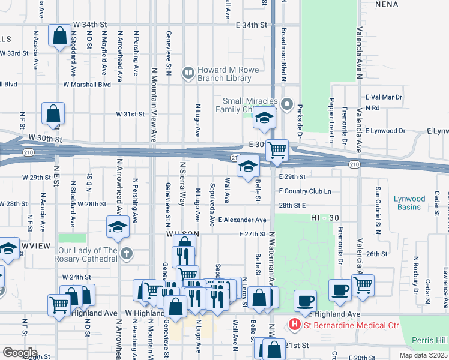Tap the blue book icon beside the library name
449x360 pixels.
tap(189, 73)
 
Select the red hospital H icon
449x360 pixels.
tap(295, 325)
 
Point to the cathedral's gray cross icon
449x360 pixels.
tap(125, 253)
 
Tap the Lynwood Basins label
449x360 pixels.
tap(410, 203)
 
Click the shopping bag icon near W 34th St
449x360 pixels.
tap(60, 35)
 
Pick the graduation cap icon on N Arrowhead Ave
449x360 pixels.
tap(118, 226)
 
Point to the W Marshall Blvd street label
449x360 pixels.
tap(87, 85)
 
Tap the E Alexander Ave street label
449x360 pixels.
tap(242, 220)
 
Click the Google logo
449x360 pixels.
tap(20, 352)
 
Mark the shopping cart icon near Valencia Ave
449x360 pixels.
tap(362, 285)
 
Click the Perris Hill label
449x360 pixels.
tap(430, 340)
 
